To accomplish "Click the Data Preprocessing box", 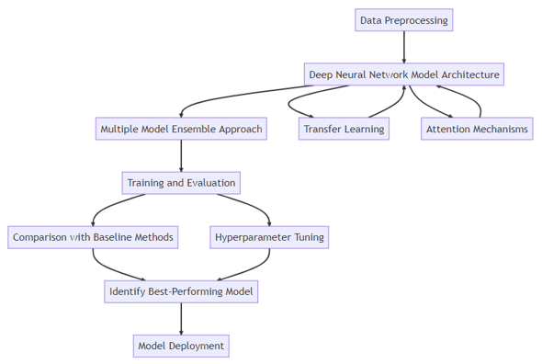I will [403, 20].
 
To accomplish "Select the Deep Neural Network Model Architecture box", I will [404, 74].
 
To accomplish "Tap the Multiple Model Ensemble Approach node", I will [181, 129].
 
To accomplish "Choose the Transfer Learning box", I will [344, 129].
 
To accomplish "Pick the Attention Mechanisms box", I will [478, 129].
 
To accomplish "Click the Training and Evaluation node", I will [181, 183].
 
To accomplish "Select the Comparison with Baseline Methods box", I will [93, 237].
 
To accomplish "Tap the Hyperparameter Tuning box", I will [269, 237].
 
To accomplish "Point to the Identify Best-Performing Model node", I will [181, 291].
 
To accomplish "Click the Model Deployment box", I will [181, 346].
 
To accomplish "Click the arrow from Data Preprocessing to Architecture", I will [403, 47].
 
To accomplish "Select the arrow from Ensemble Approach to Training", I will [181, 155].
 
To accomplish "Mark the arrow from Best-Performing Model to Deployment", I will [181, 318].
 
